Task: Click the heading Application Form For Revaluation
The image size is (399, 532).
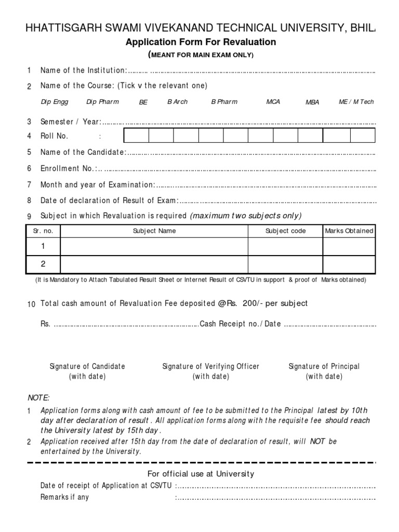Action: click(x=201, y=42)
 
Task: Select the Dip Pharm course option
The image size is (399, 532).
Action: click(x=102, y=102)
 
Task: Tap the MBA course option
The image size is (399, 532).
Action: click(x=312, y=102)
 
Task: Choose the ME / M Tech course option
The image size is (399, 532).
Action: click(x=356, y=102)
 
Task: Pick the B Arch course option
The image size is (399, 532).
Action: click(x=177, y=102)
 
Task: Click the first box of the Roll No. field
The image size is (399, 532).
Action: click(x=136, y=136)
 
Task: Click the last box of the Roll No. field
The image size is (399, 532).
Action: click(x=362, y=136)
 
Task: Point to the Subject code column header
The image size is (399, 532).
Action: click(x=285, y=231)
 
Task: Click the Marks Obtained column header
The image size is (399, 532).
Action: click(x=349, y=231)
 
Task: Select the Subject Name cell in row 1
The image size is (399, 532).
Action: click(x=154, y=246)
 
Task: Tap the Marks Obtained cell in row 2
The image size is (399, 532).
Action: click(x=349, y=264)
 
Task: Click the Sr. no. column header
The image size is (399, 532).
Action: click(x=44, y=231)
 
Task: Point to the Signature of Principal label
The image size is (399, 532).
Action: click(x=324, y=366)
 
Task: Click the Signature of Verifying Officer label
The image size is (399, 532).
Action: click(x=210, y=366)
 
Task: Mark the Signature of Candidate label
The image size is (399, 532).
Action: click(x=87, y=366)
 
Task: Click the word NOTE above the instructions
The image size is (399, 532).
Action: click(x=38, y=397)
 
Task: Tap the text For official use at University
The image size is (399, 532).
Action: click(x=201, y=473)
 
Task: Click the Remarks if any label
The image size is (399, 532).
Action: click(x=64, y=497)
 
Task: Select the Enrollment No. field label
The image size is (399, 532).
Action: click(x=68, y=168)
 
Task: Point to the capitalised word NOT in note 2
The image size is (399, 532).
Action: click(x=317, y=441)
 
